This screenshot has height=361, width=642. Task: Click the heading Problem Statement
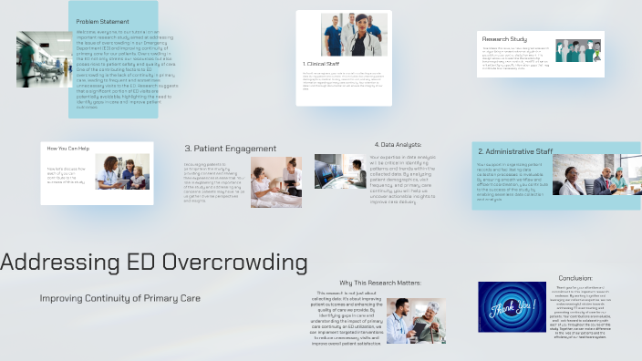pos(102,20)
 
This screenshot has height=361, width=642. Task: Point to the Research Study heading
pos(504,39)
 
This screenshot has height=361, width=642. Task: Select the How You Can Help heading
pos(69,149)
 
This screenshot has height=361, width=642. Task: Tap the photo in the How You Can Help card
pos(122,171)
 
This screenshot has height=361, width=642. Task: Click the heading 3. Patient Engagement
pos(230,149)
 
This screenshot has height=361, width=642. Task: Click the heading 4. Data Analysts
pos(398,144)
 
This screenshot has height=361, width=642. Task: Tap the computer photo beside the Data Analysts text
pos(340,170)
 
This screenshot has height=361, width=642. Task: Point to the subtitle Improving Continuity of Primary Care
pos(119,298)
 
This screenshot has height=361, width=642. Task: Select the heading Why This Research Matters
pos(380,283)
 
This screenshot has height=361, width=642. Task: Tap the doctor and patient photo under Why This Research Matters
pos(416,320)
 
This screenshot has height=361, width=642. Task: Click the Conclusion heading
pos(575,278)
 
